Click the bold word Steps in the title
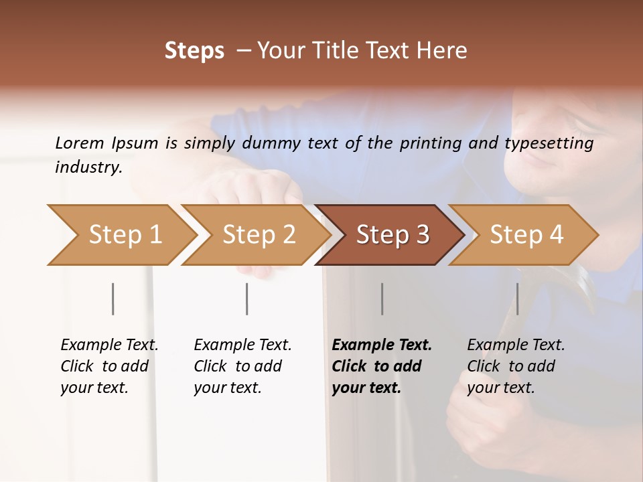coord(194,51)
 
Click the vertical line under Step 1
coord(113,299)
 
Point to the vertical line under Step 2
coord(247,299)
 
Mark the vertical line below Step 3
coord(382,299)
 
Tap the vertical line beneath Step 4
coord(517,299)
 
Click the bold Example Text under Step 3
coord(382,345)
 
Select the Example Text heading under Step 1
coord(109,345)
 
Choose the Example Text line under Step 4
coord(516,345)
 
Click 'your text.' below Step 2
coord(227,388)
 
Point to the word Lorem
coord(80,143)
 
